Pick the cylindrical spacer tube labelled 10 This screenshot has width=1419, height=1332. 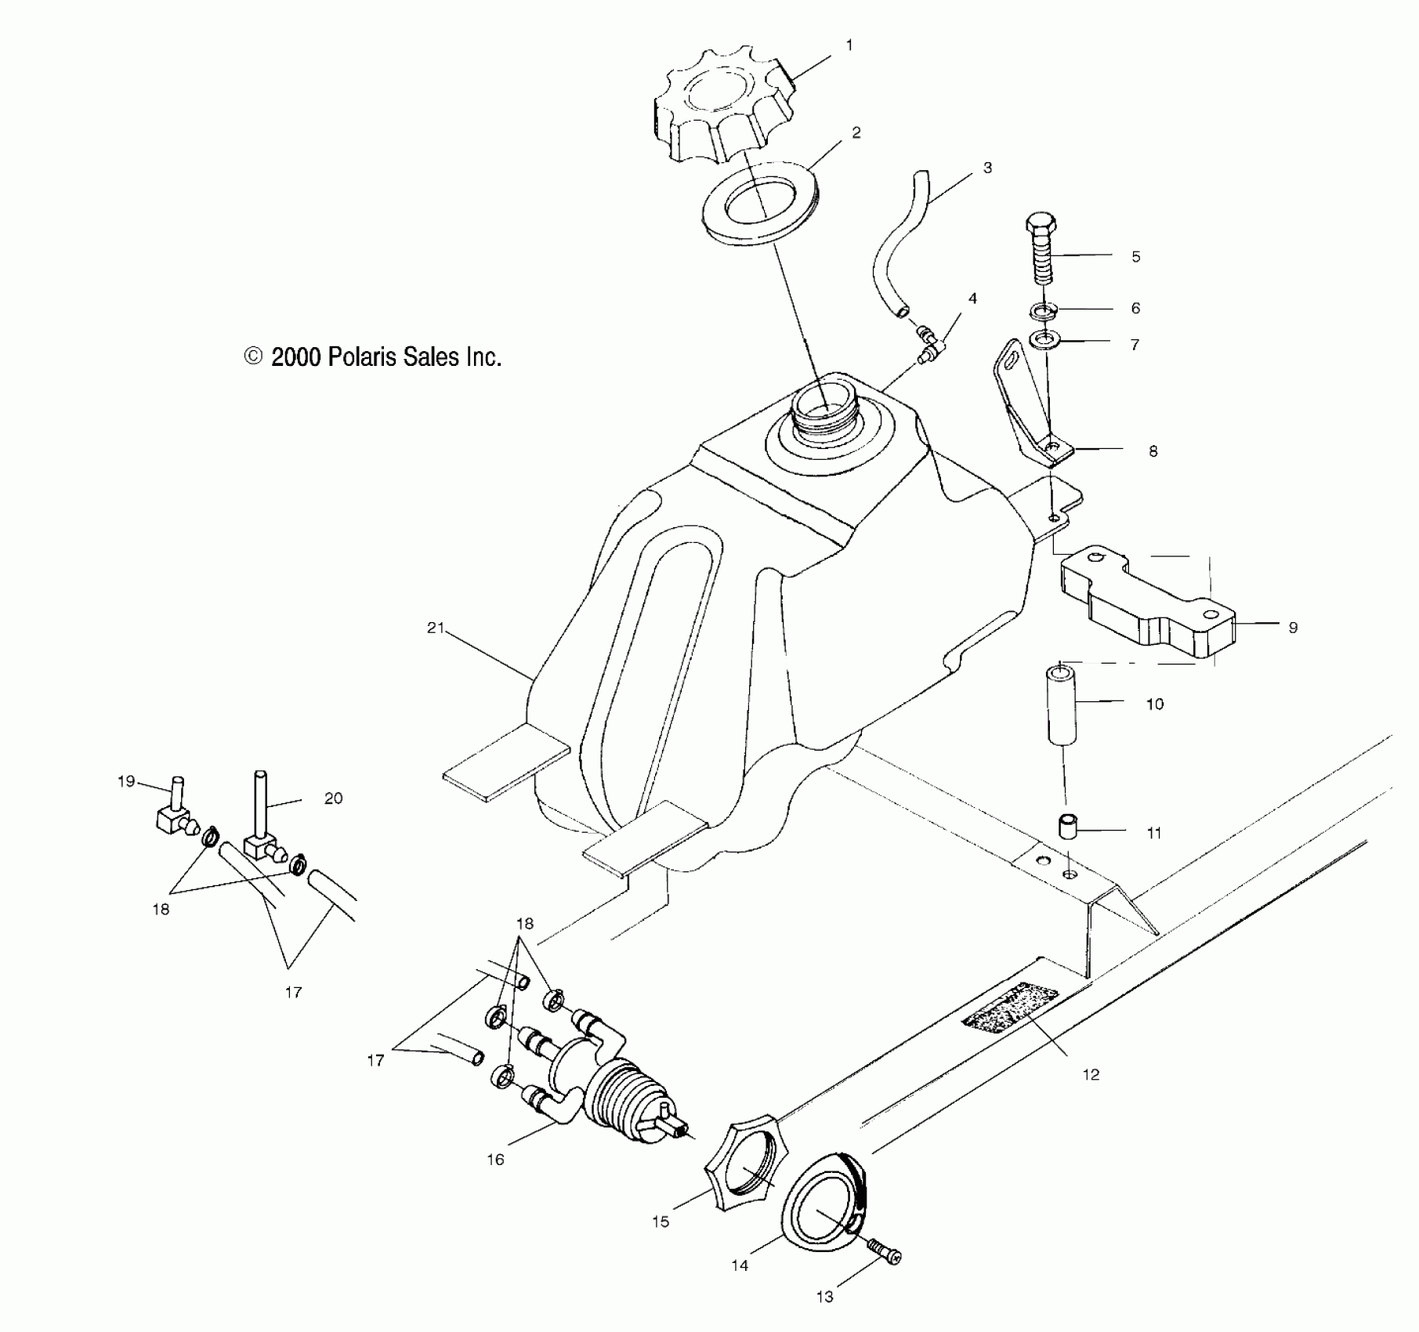[x=1062, y=705]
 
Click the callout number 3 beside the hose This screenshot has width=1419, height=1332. [x=987, y=168]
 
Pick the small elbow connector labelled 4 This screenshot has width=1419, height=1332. [x=931, y=346]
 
